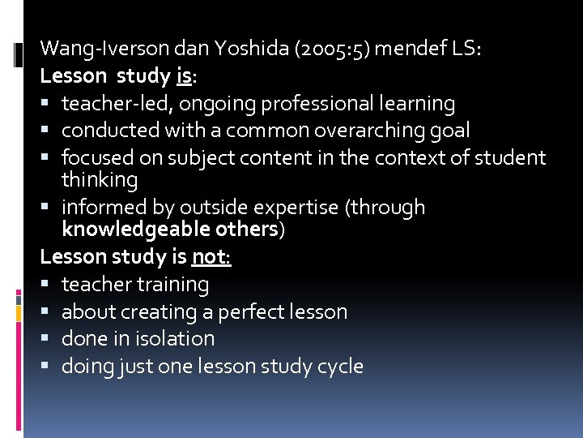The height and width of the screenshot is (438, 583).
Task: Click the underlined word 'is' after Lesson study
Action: coord(184,76)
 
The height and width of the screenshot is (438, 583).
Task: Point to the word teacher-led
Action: coord(117,104)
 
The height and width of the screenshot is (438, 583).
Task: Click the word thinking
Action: coord(100,179)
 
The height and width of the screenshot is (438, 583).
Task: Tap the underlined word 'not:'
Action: coord(211,257)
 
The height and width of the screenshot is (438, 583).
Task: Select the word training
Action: coord(172,285)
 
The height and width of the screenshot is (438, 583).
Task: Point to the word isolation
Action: coord(173,339)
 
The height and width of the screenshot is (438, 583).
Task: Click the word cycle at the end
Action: coord(339,367)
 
